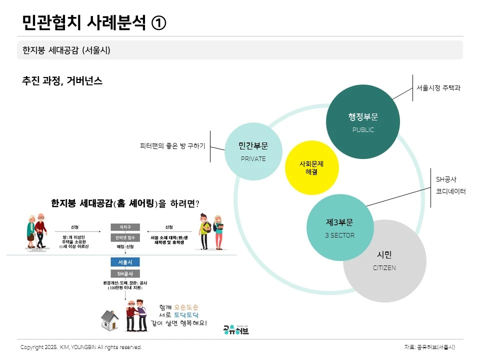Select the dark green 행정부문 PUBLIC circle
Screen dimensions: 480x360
tap(363, 122)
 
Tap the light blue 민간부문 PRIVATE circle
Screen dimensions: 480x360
tap(253, 151)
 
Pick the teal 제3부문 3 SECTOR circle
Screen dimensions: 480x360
tap(339, 227)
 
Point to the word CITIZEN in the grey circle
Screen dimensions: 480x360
tap(384, 268)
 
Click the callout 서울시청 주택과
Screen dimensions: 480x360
tap(438, 87)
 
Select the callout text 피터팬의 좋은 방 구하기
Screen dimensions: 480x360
tap(173, 146)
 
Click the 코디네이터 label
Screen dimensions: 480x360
tap(450, 191)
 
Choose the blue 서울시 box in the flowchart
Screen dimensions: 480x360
tap(125, 262)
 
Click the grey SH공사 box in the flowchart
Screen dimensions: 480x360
tap(125, 274)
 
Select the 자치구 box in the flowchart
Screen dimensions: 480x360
tap(125, 227)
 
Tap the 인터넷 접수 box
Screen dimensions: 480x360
tap(125, 237)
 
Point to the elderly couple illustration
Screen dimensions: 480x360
tap(36, 231)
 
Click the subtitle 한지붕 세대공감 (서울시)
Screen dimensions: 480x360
tap(66, 50)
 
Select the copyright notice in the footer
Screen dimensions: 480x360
tap(81, 347)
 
